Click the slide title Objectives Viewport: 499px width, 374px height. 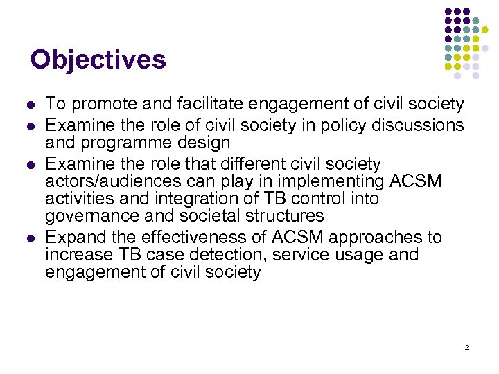98,60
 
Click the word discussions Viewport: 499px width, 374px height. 414,125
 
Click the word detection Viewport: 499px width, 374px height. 227,255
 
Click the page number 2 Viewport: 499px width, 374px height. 466,347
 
